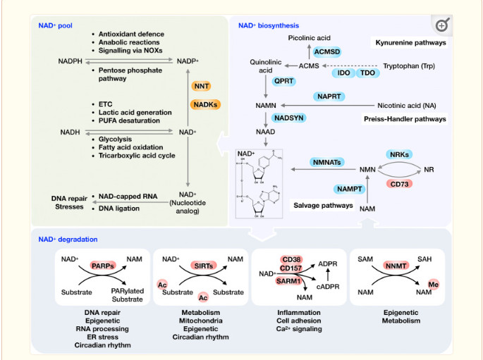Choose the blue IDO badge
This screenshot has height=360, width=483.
point(346,73)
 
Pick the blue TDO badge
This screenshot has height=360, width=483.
point(368,73)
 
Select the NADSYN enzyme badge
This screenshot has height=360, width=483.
point(291,118)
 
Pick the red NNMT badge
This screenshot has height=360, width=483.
point(399,266)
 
